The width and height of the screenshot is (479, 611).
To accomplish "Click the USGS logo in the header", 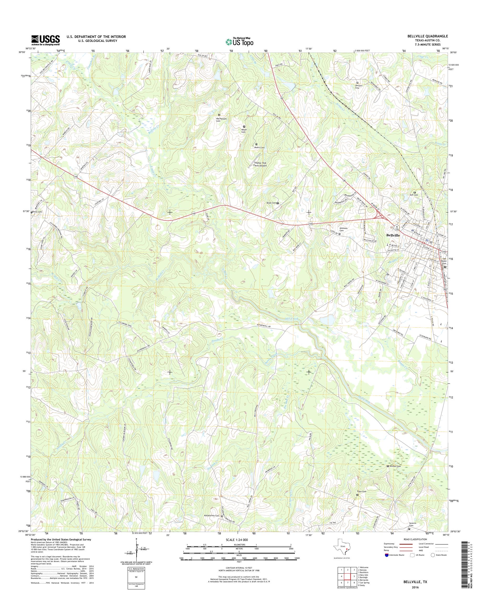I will (x=46, y=40).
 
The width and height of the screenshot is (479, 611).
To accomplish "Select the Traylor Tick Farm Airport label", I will (x=260, y=164).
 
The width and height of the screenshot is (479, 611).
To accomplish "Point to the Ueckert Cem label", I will (x=357, y=87).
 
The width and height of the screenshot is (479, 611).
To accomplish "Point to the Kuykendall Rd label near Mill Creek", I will (x=264, y=326).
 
